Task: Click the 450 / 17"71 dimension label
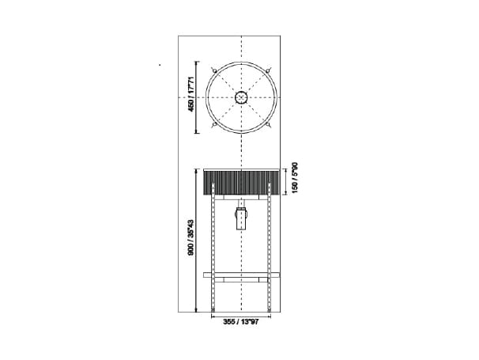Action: click(190, 95)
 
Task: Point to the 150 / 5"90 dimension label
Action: click(295, 179)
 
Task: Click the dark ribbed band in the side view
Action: click(242, 181)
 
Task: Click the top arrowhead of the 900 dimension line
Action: click(196, 169)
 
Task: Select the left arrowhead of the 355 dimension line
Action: click(211, 315)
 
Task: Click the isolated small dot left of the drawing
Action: click(160, 64)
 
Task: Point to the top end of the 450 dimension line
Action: click(196, 61)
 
